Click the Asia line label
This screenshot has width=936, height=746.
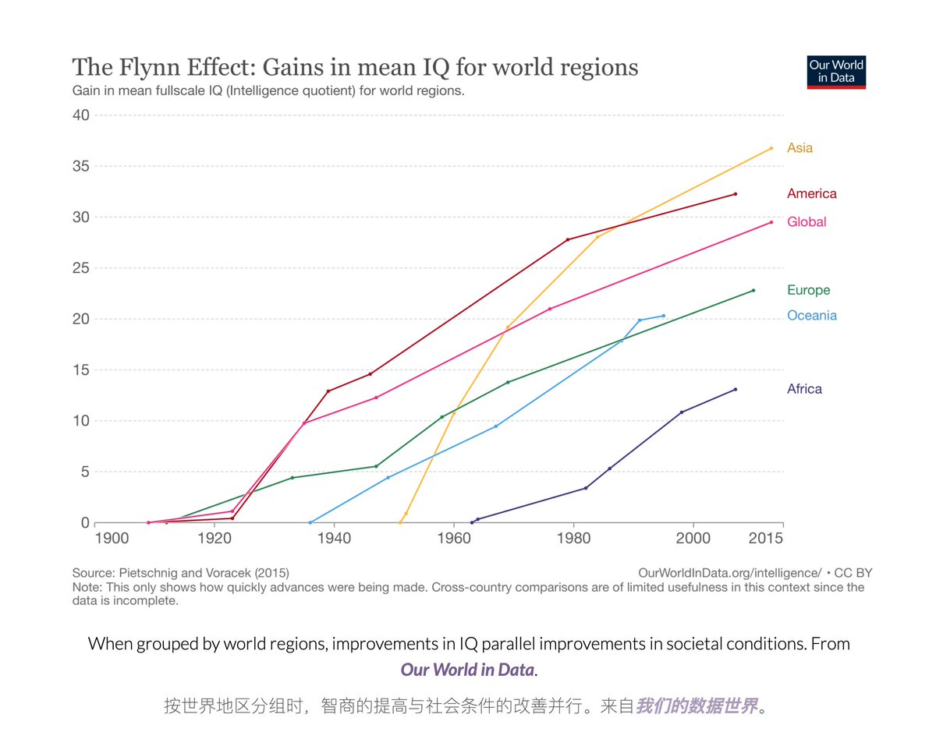pyautogui.click(x=799, y=148)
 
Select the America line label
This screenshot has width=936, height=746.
pyautogui.click(x=811, y=193)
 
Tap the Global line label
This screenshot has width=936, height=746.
pyautogui.click(x=807, y=222)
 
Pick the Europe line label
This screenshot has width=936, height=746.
pyautogui.click(x=808, y=290)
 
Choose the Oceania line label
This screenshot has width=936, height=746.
pyautogui.click(x=811, y=316)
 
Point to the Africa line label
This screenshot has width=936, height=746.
pyautogui.click(x=804, y=389)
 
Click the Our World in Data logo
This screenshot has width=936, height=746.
pyautogui.click(x=836, y=72)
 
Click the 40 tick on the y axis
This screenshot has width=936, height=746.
pyautogui.click(x=80, y=115)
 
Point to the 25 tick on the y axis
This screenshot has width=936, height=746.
pyautogui.click(x=80, y=268)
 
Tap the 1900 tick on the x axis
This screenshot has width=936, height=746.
pyautogui.click(x=112, y=538)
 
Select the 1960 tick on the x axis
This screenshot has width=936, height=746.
pyautogui.click(x=454, y=538)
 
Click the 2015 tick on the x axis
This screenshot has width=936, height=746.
pyautogui.click(x=768, y=538)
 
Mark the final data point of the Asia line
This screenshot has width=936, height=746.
pyautogui.click(x=771, y=148)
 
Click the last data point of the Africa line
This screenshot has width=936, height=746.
pyautogui.click(x=735, y=389)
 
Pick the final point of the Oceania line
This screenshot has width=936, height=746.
pyautogui.click(x=663, y=316)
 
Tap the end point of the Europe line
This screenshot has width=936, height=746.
pyautogui.click(x=753, y=290)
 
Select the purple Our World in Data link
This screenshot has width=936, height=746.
pyautogui.click(x=467, y=670)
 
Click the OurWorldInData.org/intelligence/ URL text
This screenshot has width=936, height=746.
pyautogui.click(x=729, y=573)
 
